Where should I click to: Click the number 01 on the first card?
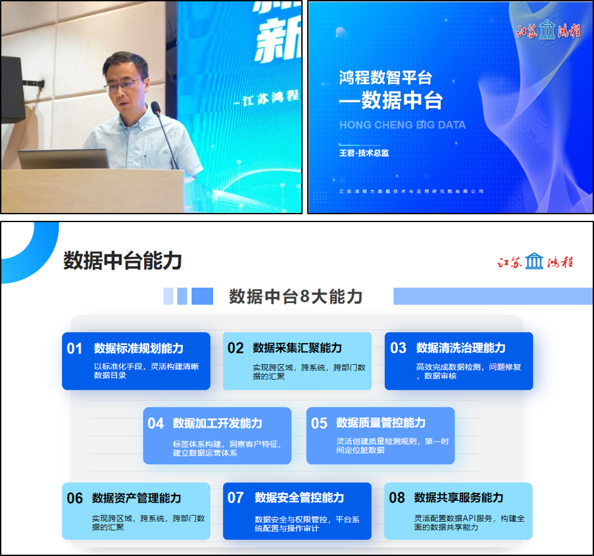tap(74, 348)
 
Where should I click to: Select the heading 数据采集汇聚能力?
tap(297, 348)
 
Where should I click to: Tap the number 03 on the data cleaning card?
tap(399, 348)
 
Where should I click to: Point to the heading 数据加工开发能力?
tap(217, 423)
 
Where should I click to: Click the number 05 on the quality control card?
tap(319, 423)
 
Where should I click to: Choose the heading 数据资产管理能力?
tap(136, 498)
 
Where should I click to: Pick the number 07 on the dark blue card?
tap(235, 498)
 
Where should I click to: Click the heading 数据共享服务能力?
tap(458, 498)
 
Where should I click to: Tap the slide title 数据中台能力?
tap(122, 261)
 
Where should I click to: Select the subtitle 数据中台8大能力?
tap(295, 296)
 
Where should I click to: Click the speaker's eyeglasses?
tap(124, 84)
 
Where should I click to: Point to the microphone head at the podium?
tap(156, 108)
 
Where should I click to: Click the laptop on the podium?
tap(64, 159)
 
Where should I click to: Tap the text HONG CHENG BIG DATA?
tap(402, 125)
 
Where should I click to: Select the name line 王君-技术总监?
tap(364, 152)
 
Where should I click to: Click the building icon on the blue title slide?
tap(547, 30)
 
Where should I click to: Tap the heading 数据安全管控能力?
tap(299, 498)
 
